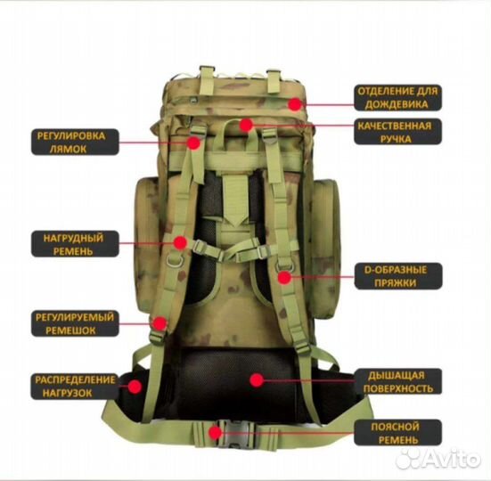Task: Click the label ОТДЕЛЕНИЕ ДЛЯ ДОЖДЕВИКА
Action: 397,98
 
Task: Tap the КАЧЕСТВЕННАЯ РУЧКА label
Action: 397,132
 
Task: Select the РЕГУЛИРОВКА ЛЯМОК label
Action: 75,143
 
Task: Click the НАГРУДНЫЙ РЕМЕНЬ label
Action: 75,244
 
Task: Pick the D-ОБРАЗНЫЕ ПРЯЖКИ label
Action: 398,276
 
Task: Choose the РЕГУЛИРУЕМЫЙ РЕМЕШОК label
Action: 75,323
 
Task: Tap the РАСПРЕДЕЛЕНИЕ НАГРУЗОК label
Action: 75,387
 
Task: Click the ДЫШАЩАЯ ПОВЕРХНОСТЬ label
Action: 398,381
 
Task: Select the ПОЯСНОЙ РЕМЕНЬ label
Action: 398,433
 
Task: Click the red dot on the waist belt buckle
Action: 215,433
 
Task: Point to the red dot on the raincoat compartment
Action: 294,104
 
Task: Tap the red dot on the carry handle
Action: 247,125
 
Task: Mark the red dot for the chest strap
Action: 180,242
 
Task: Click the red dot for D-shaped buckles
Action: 284,277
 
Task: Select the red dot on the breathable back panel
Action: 257,380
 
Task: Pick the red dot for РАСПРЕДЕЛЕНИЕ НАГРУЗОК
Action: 135,387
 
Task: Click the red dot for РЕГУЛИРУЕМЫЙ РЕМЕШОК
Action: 160,323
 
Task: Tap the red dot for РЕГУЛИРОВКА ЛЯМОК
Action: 194,143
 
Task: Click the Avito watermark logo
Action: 438,459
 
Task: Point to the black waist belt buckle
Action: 236,434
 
